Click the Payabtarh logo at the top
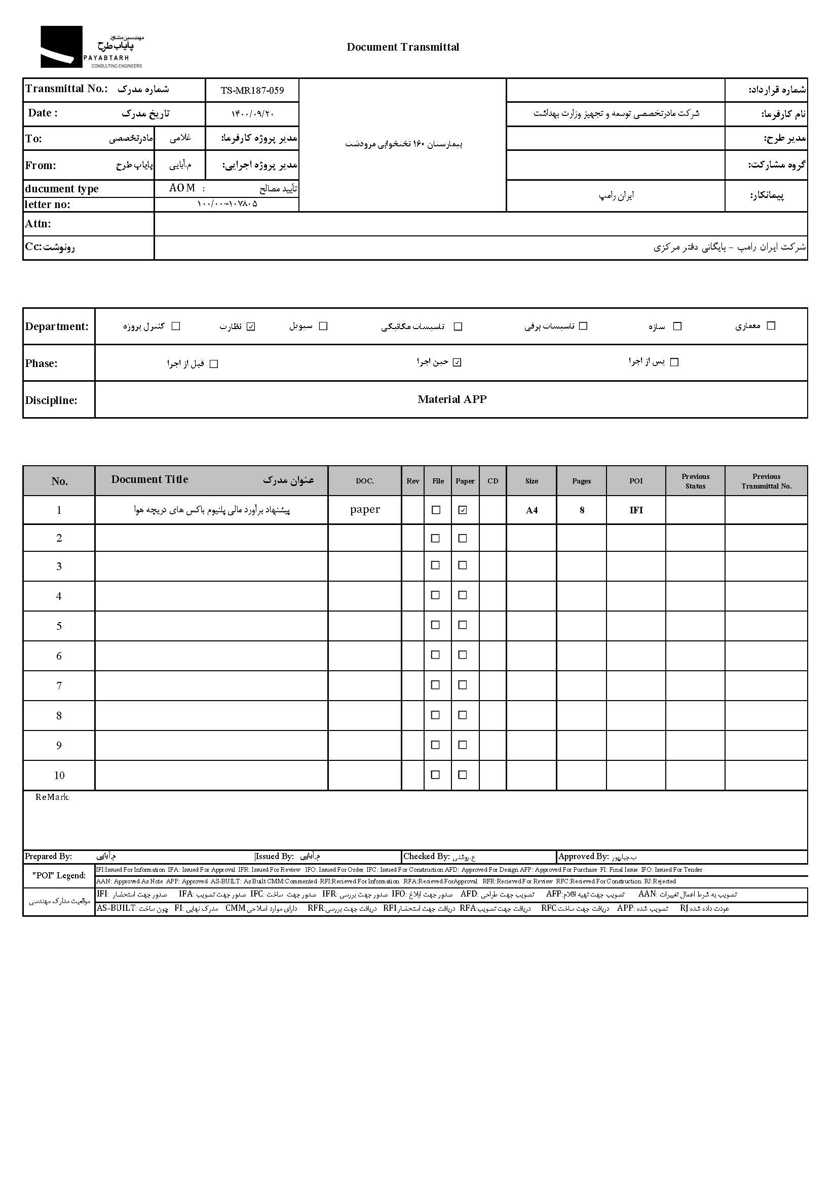click(x=91, y=47)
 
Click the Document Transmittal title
click(x=403, y=47)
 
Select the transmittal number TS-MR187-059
click(x=252, y=91)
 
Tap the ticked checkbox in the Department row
click(x=251, y=327)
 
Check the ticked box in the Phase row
click(x=457, y=363)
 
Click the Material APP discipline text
click(x=451, y=399)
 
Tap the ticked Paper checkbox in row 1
click(x=463, y=510)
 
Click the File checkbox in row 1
click(x=436, y=510)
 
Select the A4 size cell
click(x=532, y=510)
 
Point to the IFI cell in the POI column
click(x=636, y=510)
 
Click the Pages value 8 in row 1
click(x=582, y=510)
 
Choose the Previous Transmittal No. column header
click(x=766, y=481)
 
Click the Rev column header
click(x=412, y=481)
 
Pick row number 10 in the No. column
click(x=59, y=776)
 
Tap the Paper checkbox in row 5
click(x=463, y=625)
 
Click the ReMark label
click(x=52, y=797)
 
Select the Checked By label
click(x=426, y=857)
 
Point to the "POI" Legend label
click(x=59, y=876)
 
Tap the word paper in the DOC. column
click(x=365, y=509)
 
